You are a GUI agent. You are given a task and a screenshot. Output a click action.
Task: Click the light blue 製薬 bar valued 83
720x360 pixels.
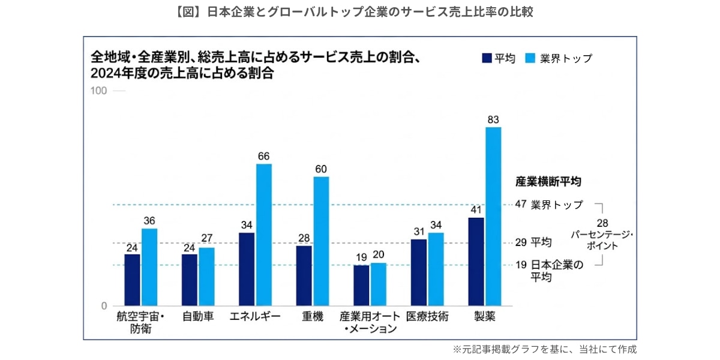(x=493, y=216)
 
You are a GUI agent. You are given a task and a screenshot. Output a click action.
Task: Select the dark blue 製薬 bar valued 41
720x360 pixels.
(x=476, y=262)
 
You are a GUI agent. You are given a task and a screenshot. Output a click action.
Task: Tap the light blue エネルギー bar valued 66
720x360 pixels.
(x=264, y=235)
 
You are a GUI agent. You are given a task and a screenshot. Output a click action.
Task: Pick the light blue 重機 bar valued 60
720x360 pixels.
(x=321, y=241)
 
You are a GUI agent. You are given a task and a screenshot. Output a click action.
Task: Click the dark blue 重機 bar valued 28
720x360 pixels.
(x=304, y=275)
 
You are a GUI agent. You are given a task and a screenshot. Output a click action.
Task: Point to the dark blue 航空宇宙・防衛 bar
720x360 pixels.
(x=132, y=280)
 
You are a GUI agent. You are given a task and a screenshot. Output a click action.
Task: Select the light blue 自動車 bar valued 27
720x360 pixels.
(x=206, y=277)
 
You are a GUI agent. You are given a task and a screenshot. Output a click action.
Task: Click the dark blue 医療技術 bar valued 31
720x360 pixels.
(x=419, y=272)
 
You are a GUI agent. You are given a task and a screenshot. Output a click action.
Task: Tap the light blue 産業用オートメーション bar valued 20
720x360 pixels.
(x=379, y=284)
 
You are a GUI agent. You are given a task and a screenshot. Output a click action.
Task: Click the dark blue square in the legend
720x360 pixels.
(x=487, y=58)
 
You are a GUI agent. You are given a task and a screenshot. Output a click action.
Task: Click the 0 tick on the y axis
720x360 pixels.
(x=104, y=305)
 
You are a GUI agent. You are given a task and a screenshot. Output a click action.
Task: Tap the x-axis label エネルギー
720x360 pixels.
(x=255, y=317)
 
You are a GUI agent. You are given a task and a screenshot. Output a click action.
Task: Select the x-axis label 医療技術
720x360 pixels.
(x=427, y=317)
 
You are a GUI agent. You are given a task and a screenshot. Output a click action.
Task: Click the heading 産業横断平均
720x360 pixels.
(x=548, y=181)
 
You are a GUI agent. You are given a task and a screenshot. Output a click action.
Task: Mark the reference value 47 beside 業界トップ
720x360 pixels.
(x=521, y=205)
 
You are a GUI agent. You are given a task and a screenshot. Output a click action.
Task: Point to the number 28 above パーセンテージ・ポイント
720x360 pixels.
(x=611, y=223)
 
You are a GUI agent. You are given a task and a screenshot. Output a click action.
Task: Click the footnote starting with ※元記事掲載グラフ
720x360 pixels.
(x=544, y=349)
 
